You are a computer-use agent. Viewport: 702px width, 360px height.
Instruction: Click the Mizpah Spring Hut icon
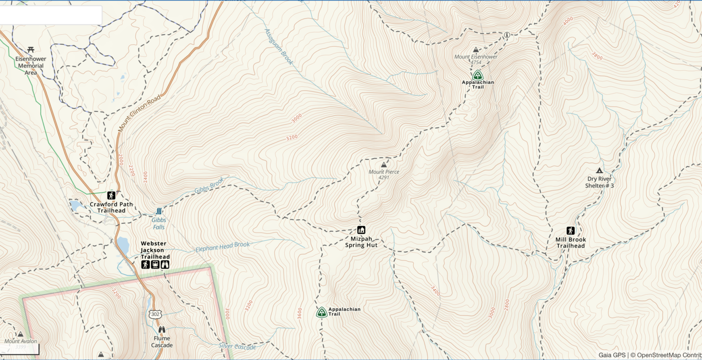(361, 230)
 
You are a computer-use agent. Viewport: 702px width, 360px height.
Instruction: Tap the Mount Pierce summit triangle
(383, 164)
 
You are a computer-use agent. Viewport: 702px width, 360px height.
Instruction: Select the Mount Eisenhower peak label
(476, 57)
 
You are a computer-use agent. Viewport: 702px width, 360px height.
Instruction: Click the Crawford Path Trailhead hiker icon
(111, 195)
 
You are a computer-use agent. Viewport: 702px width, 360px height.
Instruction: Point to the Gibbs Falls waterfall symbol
(159, 211)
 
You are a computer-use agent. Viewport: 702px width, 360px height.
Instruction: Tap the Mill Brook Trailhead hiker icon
(570, 231)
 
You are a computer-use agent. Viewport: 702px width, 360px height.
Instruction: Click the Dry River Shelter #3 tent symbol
(599, 170)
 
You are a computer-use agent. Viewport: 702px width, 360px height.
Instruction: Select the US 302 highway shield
(154, 314)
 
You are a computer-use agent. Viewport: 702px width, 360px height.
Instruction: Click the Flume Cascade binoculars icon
(162, 329)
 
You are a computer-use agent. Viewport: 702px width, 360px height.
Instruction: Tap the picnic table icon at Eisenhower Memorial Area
(31, 49)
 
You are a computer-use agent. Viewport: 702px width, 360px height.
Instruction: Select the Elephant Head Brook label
(223, 247)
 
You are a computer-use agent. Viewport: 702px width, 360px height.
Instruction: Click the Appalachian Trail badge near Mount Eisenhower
(478, 75)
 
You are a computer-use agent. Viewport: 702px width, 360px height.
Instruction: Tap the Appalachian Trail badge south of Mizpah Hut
(321, 312)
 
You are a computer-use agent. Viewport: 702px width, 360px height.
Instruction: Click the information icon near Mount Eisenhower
(506, 35)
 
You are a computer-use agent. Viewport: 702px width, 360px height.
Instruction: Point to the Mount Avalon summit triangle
(20, 334)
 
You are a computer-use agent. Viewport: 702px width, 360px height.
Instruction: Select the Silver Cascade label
(237, 346)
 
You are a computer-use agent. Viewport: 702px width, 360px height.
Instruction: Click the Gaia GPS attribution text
(612, 355)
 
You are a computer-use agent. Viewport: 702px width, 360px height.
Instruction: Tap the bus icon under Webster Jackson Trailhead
(155, 265)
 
